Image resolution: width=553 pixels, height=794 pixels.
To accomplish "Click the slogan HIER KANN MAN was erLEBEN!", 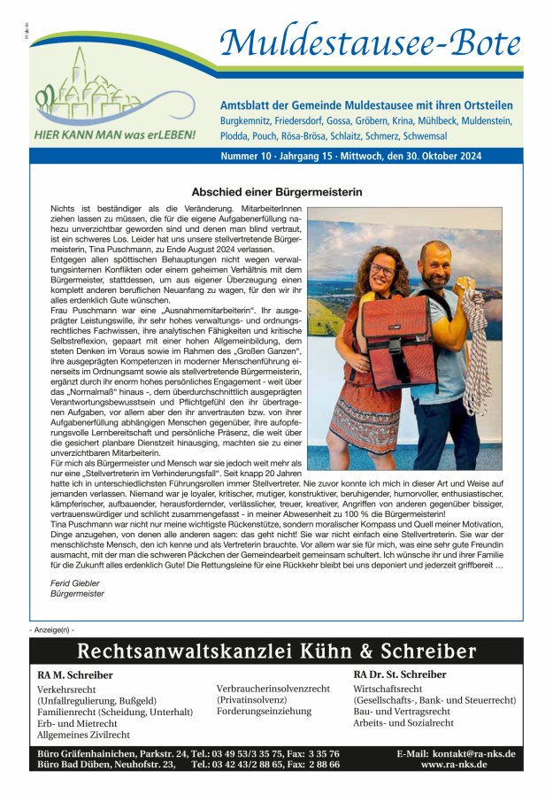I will click(x=114, y=136).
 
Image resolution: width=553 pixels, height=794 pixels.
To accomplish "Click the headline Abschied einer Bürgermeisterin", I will click(x=277, y=191).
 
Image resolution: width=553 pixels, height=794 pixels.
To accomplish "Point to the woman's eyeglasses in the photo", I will click(x=382, y=268).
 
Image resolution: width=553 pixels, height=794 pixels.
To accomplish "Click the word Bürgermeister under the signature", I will click(x=77, y=594).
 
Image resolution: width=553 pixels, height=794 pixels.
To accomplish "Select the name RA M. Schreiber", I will click(x=75, y=675).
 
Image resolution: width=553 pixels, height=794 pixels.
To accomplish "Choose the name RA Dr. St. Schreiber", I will click(x=400, y=675).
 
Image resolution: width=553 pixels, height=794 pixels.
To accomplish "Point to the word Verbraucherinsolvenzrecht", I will click(x=273, y=688).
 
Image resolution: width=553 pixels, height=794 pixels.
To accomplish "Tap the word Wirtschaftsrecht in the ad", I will click(x=388, y=689).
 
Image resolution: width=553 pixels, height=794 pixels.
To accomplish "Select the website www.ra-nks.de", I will click(x=454, y=764).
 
